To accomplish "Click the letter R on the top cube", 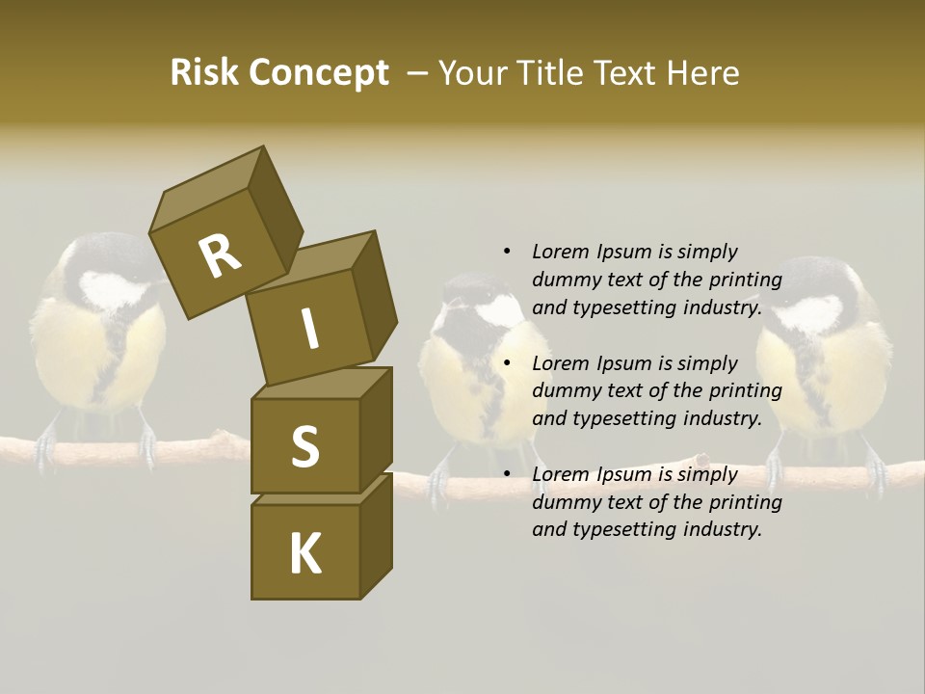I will click(220, 255).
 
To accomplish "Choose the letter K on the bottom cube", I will click(304, 553).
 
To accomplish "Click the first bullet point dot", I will click(507, 253).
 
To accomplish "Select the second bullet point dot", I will click(507, 363).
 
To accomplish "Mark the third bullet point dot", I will click(507, 474).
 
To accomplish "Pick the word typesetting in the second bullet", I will click(623, 418).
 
